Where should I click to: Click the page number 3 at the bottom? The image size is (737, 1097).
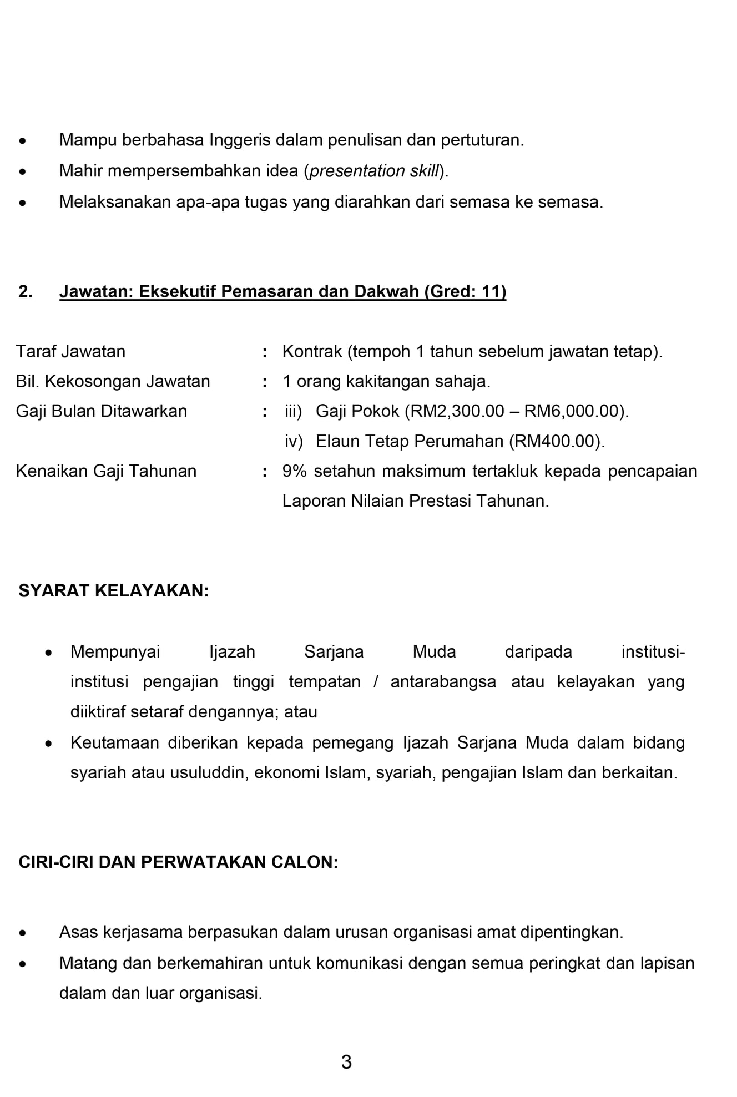click(x=346, y=1061)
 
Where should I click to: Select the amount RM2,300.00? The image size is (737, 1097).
click(x=457, y=411)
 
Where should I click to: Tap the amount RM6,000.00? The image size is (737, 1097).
click(x=571, y=411)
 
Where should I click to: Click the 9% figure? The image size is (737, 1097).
click(x=294, y=471)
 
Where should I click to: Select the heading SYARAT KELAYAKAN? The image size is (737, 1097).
click(x=114, y=590)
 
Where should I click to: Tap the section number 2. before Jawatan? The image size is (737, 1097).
click(x=26, y=291)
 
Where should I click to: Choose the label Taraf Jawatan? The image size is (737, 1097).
click(x=70, y=351)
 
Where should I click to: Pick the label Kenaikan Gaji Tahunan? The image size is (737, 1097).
click(x=106, y=471)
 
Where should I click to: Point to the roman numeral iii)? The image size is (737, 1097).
click(x=293, y=411)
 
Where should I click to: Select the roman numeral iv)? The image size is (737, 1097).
click(x=294, y=441)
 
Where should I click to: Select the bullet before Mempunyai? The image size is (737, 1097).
click(x=49, y=653)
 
